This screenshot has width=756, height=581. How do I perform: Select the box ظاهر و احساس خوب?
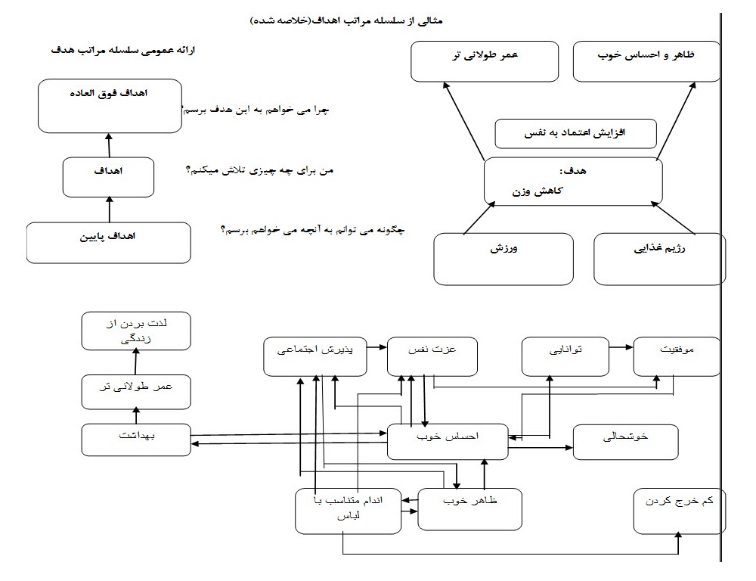coord(645,61)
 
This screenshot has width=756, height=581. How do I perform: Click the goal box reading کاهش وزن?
coord(573,182)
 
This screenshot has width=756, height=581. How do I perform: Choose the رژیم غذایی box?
coord(659,259)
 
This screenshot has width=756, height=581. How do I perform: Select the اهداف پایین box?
coord(108,242)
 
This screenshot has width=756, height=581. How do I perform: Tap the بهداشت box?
coord(136,440)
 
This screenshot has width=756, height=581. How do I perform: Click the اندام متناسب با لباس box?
coord(349,510)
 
